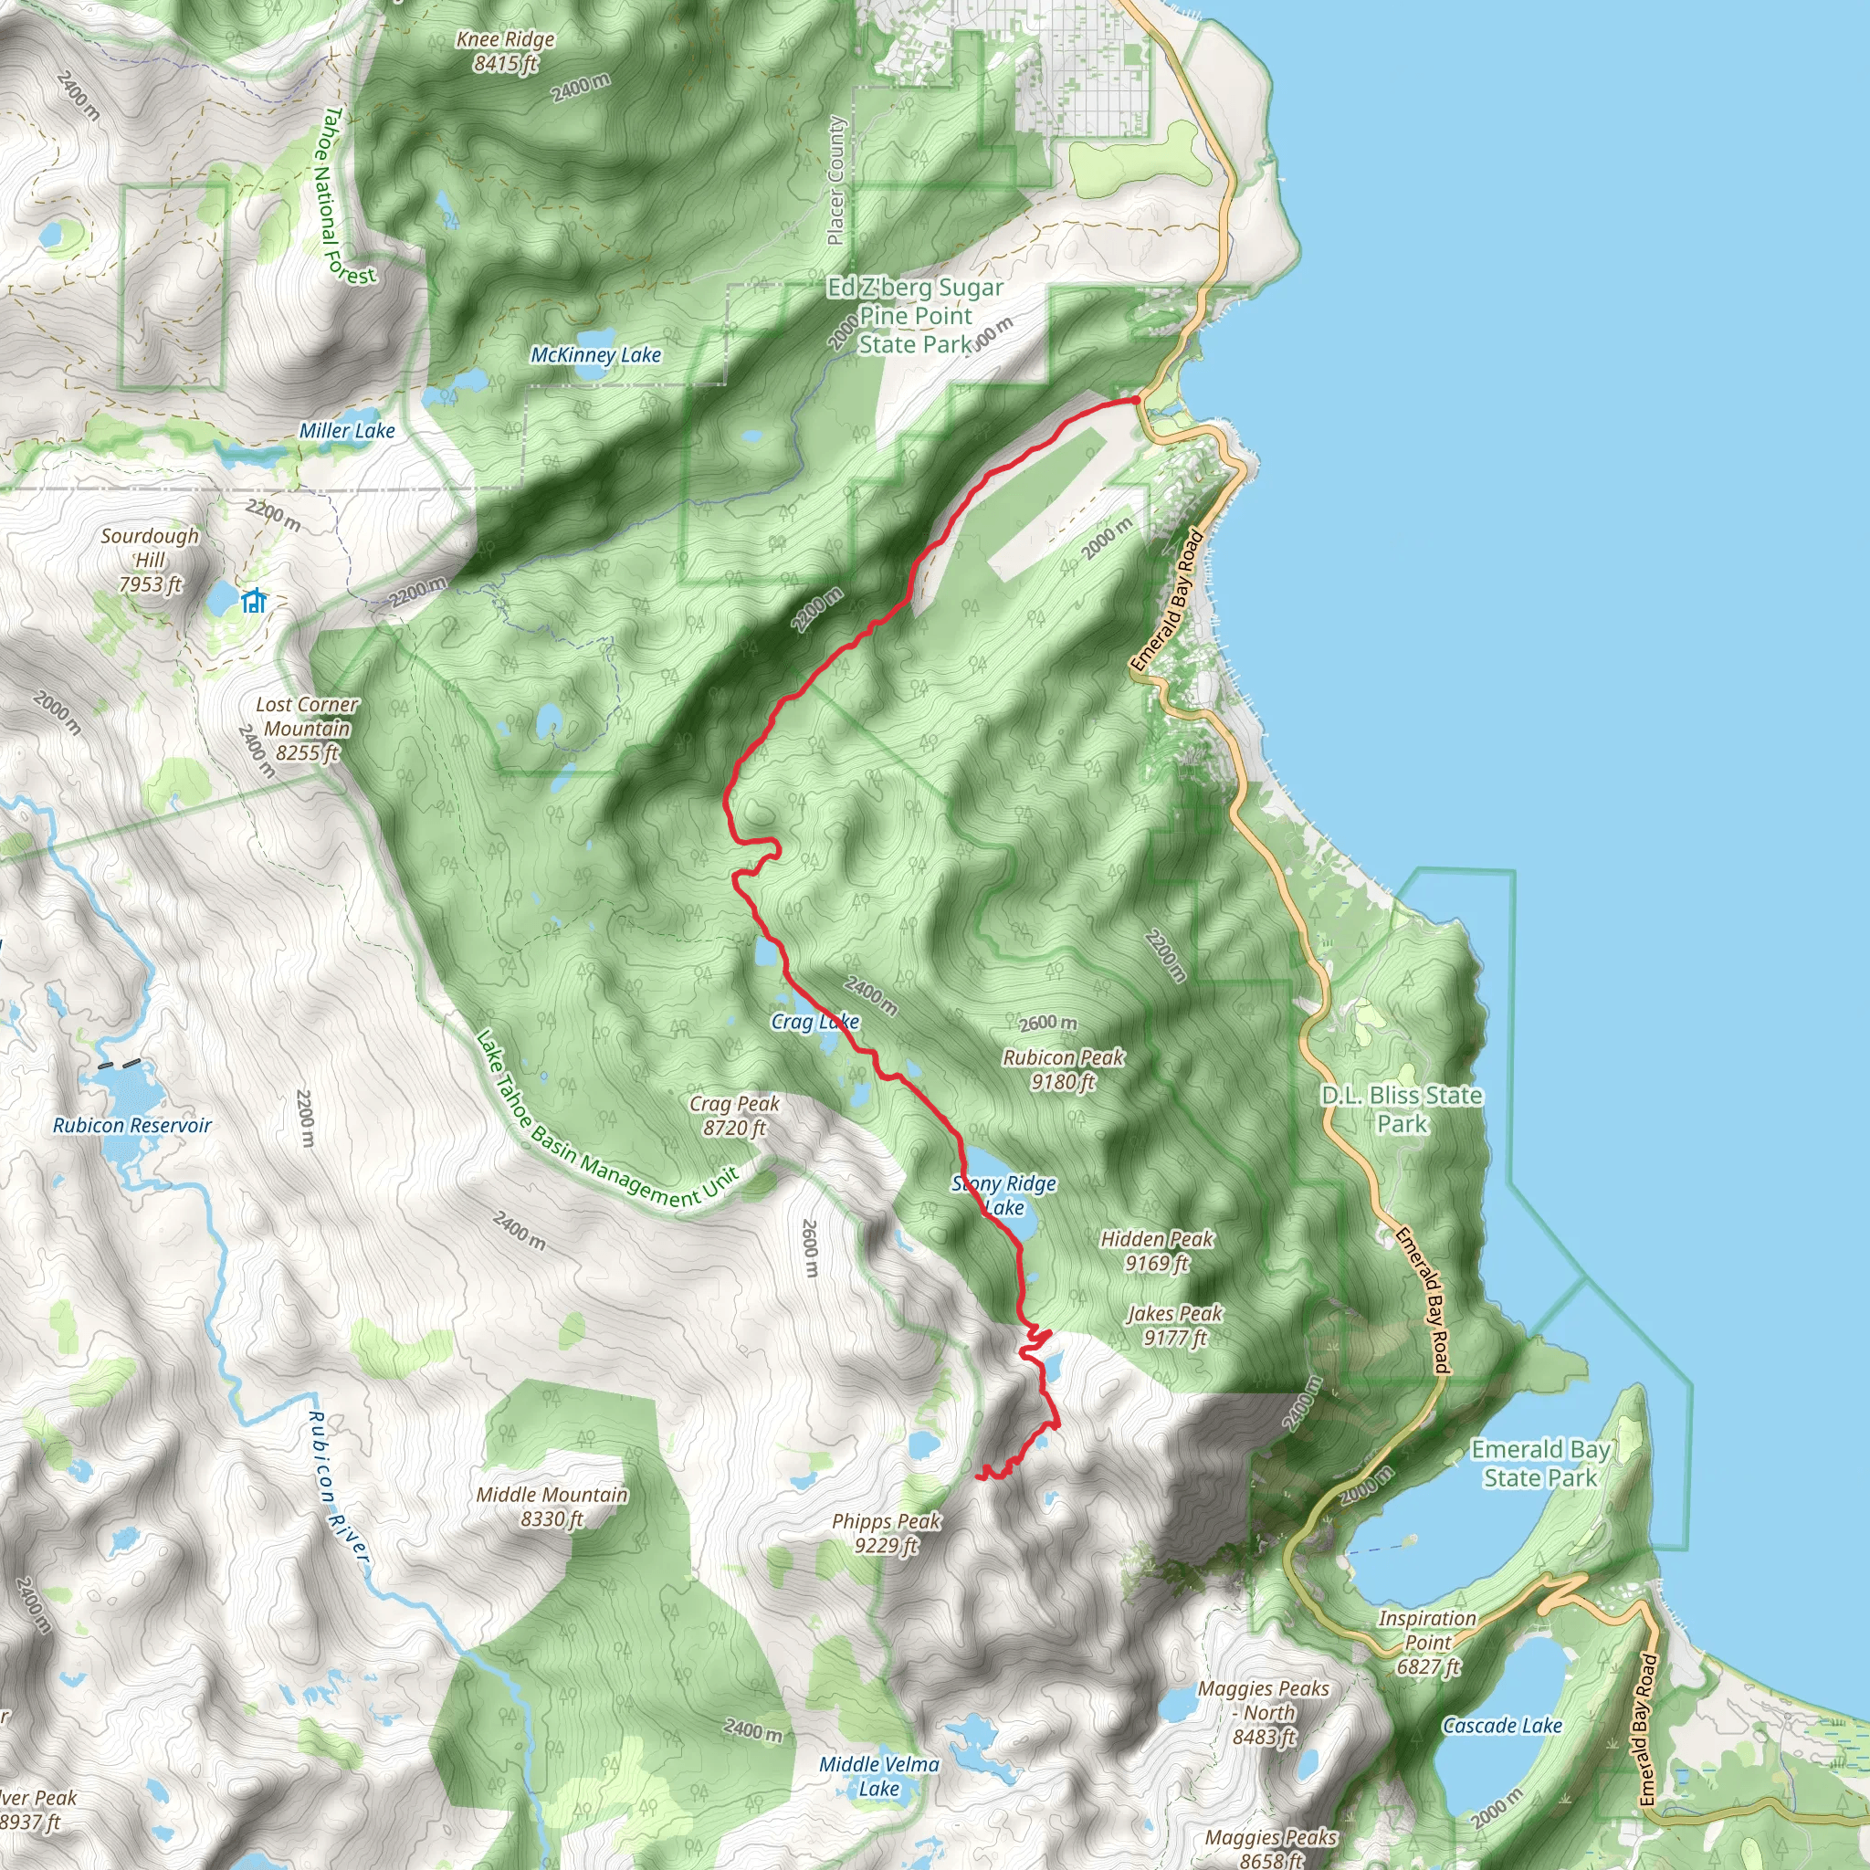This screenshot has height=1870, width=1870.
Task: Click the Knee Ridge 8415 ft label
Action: [505, 51]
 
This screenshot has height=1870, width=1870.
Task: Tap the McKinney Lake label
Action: [595, 355]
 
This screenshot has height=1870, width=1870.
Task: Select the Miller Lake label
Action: [346, 431]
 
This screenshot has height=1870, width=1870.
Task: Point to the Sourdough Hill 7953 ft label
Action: [150, 561]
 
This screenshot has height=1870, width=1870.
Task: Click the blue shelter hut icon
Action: [255, 601]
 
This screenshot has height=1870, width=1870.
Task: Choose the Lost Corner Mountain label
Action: [307, 728]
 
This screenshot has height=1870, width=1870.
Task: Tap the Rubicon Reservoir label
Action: [131, 1125]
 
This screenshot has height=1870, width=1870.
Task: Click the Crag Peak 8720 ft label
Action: [734, 1115]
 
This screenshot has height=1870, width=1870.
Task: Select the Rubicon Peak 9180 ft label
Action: [1063, 1069]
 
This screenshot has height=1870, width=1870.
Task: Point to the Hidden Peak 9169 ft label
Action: [1157, 1251]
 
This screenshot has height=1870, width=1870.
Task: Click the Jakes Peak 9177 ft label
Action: [1175, 1325]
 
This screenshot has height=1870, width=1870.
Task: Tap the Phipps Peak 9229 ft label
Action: [887, 1533]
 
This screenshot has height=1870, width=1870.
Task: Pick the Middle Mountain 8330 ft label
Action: [552, 1506]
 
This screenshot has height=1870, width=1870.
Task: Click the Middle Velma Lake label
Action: [879, 1776]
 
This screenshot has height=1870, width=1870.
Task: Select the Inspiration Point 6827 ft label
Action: [1428, 1642]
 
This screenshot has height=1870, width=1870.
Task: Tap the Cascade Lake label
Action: [1502, 1726]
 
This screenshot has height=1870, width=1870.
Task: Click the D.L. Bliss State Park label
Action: [1402, 1109]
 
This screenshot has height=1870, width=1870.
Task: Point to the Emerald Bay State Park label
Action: [1540, 1463]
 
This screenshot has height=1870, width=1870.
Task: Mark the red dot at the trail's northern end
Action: [1136, 400]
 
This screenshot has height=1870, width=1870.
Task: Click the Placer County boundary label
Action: [835, 181]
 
